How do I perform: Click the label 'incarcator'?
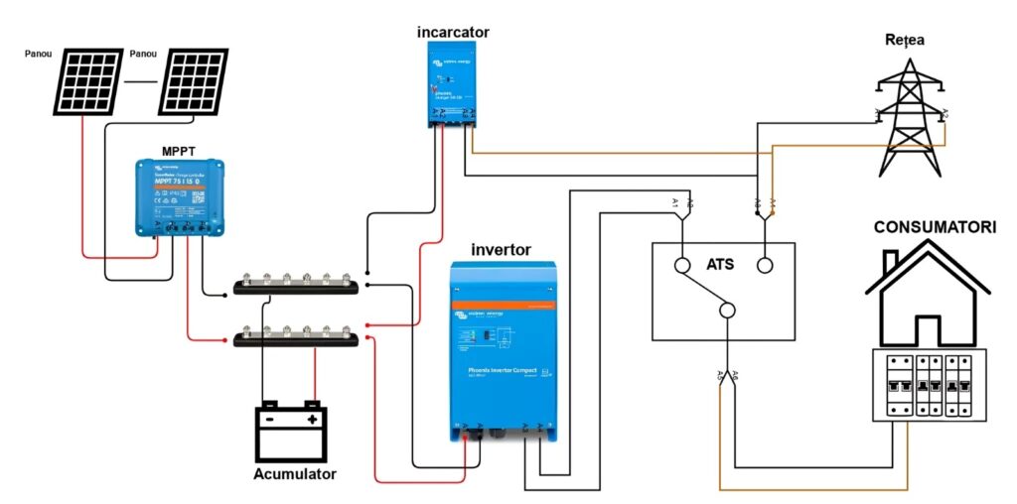tap(453, 33)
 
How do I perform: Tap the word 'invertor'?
tap(501, 249)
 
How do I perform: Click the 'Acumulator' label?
tap(295, 474)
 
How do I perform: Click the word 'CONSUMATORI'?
tap(934, 228)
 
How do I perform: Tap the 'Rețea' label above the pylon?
tap(905, 40)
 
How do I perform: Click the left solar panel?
tap(89, 80)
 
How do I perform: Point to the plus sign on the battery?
tap(312, 420)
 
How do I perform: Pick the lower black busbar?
tap(295, 338)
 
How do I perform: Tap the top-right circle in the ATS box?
tap(765, 265)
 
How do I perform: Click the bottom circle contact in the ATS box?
tap(728, 311)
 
